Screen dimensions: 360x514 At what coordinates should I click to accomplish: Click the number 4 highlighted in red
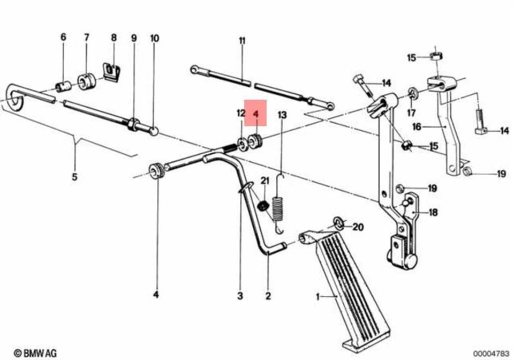[x=255, y=114]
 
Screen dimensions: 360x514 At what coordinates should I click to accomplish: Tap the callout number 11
[x=242, y=41]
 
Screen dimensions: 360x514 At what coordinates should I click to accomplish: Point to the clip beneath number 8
[x=112, y=72]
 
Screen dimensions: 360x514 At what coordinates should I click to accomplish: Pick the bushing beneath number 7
[x=87, y=81]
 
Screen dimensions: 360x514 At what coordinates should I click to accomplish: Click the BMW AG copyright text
[x=35, y=353]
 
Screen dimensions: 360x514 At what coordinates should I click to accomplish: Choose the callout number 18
[x=433, y=213]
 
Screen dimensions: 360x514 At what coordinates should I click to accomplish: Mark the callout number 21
[x=264, y=181]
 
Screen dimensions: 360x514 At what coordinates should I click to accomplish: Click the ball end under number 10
[x=154, y=130]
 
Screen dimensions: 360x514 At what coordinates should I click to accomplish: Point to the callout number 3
[x=240, y=296]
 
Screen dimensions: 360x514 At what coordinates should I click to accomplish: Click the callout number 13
[x=282, y=114]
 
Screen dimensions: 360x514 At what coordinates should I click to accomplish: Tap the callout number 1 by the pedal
[x=317, y=296]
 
